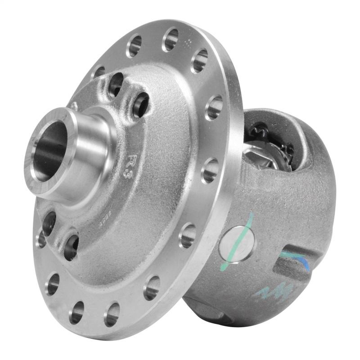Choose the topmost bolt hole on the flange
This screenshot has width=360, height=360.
click(x=170, y=39)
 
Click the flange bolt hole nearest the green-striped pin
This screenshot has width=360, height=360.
click(x=188, y=235)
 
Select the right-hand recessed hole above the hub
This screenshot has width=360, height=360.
click(x=141, y=104)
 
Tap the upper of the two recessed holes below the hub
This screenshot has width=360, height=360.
click(x=49, y=223)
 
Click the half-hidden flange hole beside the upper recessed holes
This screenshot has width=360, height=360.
click(x=99, y=72)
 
